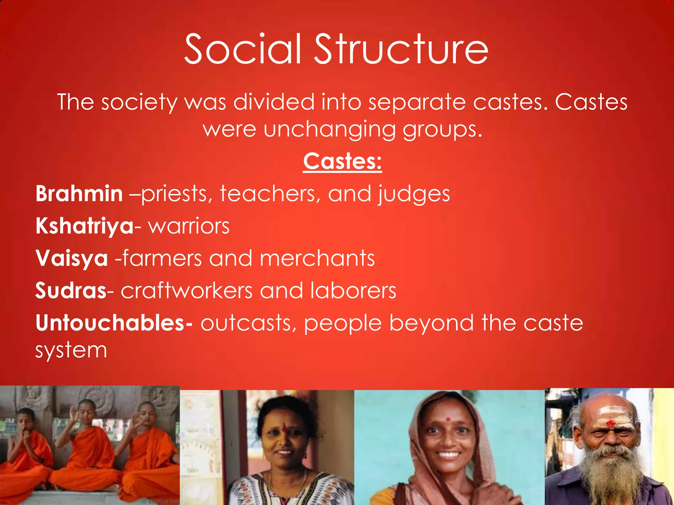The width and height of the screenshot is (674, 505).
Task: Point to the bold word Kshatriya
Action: point(85,226)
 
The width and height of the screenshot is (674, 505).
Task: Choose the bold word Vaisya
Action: point(72,258)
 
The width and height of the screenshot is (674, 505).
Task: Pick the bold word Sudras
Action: point(71,291)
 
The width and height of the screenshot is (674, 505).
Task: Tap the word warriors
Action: point(189,226)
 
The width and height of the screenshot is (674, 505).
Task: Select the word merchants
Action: point(317,258)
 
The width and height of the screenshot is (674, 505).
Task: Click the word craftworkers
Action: point(186,291)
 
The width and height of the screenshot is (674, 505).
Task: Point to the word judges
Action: point(414,194)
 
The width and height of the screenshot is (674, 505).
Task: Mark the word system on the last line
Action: point(71,350)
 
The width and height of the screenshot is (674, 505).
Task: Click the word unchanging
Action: point(329,130)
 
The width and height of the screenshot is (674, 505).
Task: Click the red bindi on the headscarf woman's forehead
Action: point(448,420)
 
